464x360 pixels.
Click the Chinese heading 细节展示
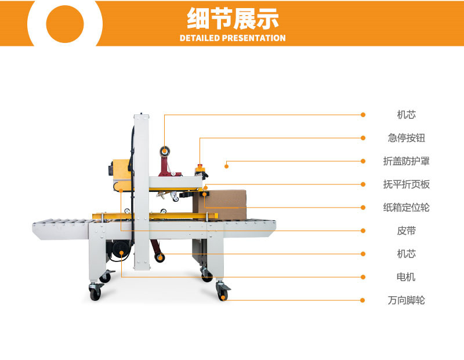click(233, 19)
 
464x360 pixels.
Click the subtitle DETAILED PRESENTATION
click(233, 38)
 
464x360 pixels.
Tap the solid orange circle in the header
click(65, 24)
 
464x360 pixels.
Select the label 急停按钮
click(407, 138)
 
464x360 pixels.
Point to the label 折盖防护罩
click(407, 161)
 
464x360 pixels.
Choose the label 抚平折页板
click(407, 184)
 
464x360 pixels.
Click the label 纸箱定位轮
click(407, 208)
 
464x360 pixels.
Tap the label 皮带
click(407, 231)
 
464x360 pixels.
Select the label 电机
click(407, 277)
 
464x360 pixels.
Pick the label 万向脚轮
click(407, 300)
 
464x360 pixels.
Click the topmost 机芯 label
click(407, 115)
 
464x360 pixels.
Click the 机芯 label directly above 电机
click(407, 254)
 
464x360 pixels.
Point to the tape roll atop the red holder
click(164, 151)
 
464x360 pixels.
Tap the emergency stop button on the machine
click(200, 169)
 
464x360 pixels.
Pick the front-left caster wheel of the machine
click(95, 292)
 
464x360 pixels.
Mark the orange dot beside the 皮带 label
click(363, 231)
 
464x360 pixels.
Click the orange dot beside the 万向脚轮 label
click(362, 300)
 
